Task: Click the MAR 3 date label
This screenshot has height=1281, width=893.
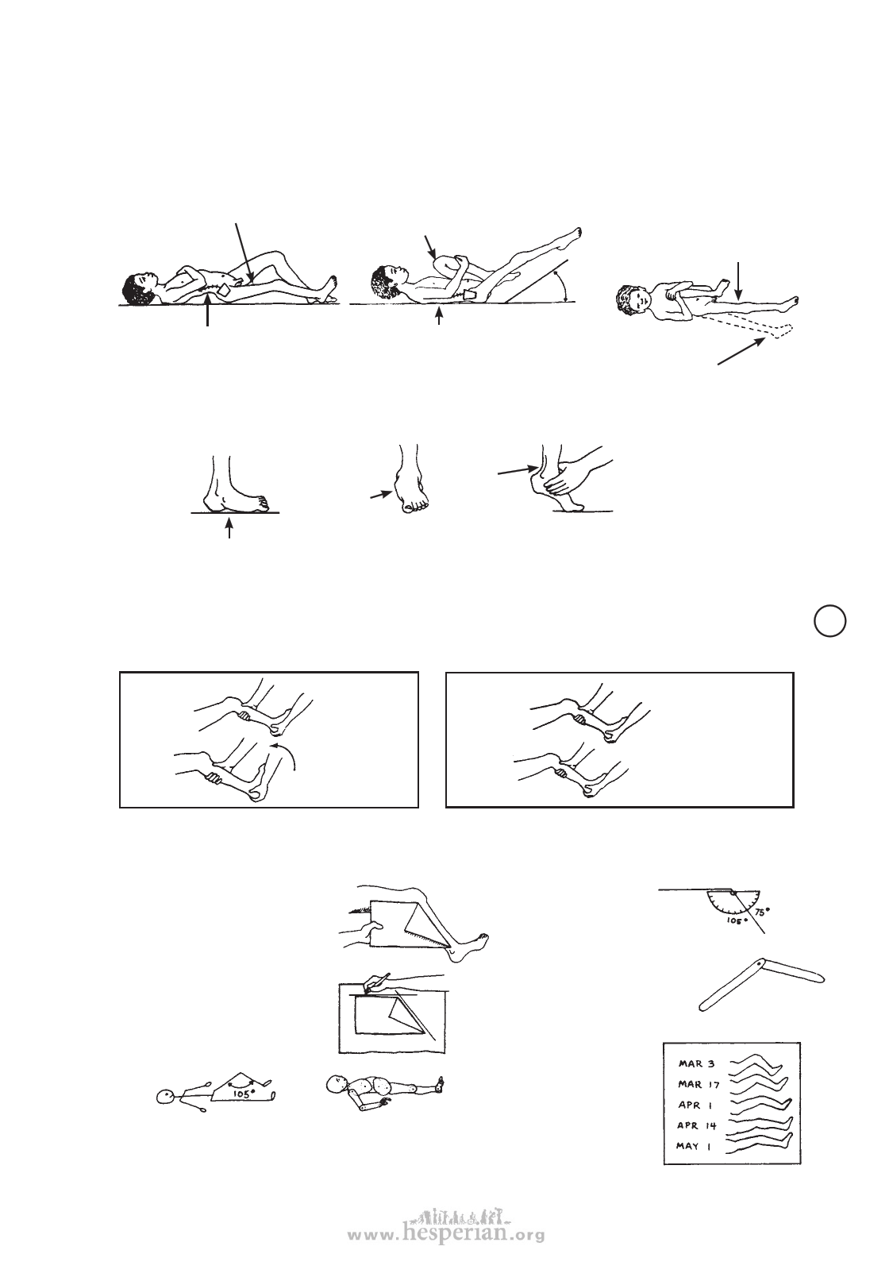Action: pos(696,1064)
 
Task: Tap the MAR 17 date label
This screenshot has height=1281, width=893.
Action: pos(699,1084)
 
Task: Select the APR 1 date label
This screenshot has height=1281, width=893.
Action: pos(695,1105)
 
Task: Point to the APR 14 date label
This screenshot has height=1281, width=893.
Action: pos(696,1125)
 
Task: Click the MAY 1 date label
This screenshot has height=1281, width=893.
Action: pos(693,1145)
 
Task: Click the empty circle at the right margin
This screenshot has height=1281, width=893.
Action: pos(830,622)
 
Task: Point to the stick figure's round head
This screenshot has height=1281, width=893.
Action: pos(165,1096)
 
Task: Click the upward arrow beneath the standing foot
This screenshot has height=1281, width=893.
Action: pos(229,528)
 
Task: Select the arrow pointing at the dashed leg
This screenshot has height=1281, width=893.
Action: pos(742,350)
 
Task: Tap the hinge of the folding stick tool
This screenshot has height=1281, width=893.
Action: pos(757,966)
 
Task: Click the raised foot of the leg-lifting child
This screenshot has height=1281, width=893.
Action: pos(572,236)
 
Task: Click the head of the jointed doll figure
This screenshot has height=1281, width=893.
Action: pos(336,1083)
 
